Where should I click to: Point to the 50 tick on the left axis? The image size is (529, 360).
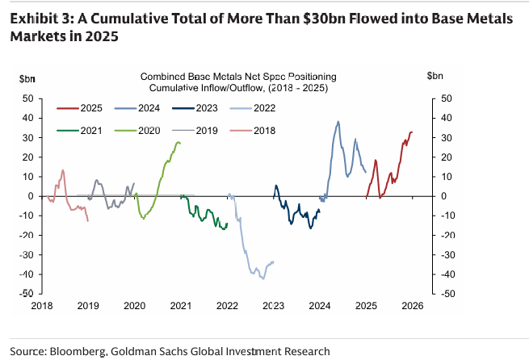pos(27,98)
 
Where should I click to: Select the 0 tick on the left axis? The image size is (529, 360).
pos(30,196)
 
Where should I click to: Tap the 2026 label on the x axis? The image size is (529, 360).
pos(413,306)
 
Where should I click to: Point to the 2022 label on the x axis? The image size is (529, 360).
pos(227,306)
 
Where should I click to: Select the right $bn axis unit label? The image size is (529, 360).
pos(436,77)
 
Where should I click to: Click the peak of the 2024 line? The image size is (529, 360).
pos(338,122)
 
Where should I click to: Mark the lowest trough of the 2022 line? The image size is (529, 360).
pos(262,278)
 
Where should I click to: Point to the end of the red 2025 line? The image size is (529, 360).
pos(412,132)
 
